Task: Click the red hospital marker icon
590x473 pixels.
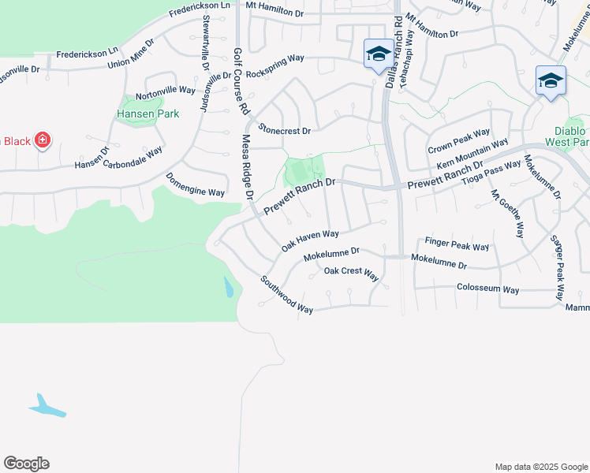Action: (42, 141)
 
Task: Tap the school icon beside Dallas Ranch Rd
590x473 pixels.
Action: (379, 54)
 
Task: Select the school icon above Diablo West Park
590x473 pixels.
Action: (550, 80)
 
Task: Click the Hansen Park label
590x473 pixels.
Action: (147, 114)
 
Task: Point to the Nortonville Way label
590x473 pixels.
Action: (166, 91)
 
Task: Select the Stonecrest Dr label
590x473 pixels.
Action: (285, 130)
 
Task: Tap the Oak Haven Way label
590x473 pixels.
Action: (310, 241)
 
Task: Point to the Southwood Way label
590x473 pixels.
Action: (287, 294)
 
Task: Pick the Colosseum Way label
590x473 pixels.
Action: (487, 289)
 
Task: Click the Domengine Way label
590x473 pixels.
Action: (195, 185)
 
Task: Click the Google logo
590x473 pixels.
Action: (26, 464)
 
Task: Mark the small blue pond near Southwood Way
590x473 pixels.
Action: (228, 288)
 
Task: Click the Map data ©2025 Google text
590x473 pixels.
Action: (540, 467)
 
